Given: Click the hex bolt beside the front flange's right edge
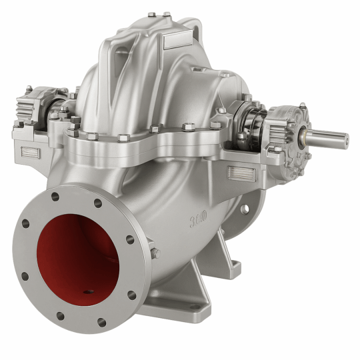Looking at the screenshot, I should [155, 253].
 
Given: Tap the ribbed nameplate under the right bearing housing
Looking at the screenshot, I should [241, 173].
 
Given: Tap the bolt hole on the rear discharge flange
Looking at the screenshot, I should [245, 209].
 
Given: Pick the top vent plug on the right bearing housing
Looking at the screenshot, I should [302, 105].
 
